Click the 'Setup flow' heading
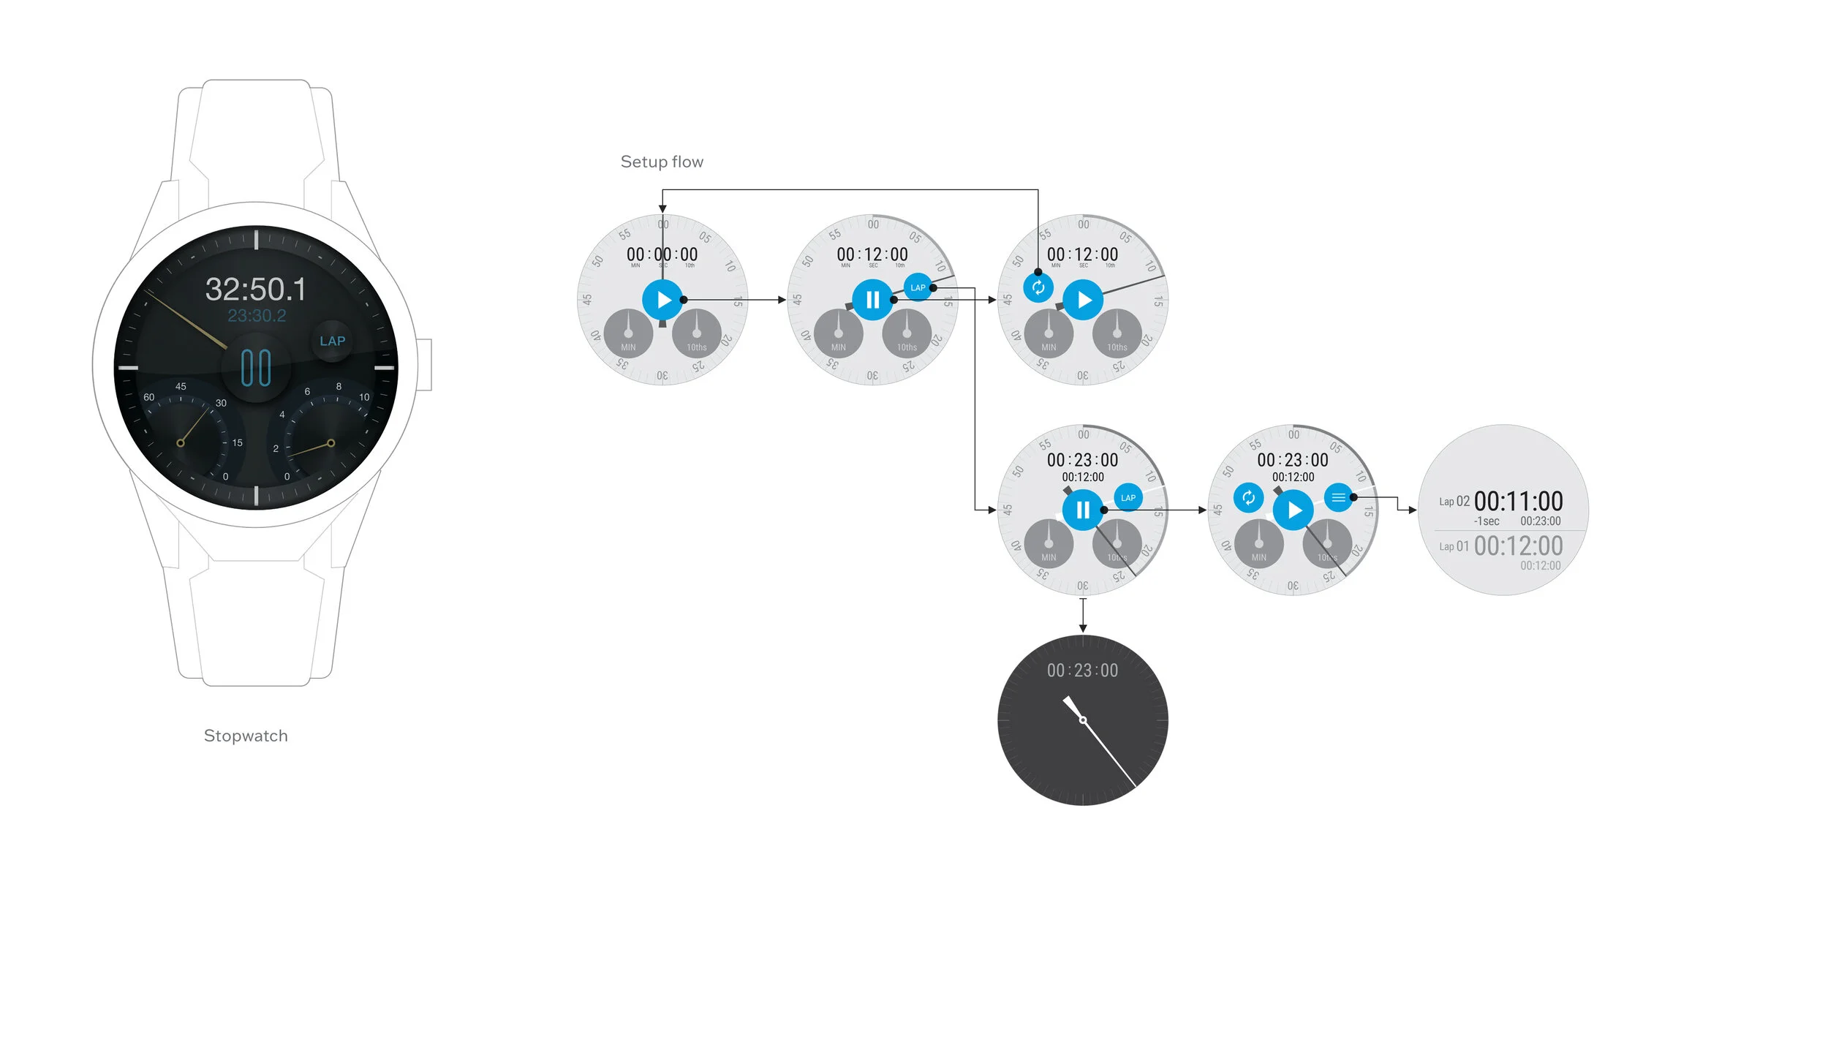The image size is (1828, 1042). pyautogui.click(x=662, y=162)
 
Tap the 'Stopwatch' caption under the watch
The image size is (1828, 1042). pyautogui.click(x=246, y=736)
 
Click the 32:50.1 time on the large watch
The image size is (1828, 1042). pyautogui.click(x=256, y=290)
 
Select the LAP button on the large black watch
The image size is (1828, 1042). pyautogui.click(x=332, y=341)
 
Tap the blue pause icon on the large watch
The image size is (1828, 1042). pyautogui.click(x=256, y=367)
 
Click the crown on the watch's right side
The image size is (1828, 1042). pyautogui.click(x=425, y=364)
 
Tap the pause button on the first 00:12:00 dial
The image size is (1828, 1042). pyautogui.click(x=872, y=300)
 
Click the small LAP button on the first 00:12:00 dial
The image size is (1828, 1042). pyautogui.click(x=918, y=287)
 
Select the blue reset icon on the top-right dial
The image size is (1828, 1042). pyautogui.click(x=1038, y=287)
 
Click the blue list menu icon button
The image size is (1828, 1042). pyautogui.click(x=1338, y=498)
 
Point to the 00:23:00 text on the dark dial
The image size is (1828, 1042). pyautogui.click(x=1082, y=671)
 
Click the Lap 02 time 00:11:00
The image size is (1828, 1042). pyautogui.click(x=1518, y=502)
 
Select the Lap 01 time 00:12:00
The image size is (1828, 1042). pyautogui.click(x=1518, y=546)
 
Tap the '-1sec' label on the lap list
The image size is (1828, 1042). pyautogui.click(x=1487, y=521)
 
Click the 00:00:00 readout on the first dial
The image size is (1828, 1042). pyautogui.click(x=662, y=254)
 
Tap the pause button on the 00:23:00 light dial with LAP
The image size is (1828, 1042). pyautogui.click(x=1083, y=510)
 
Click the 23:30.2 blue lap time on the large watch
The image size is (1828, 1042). pyautogui.click(x=257, y=316)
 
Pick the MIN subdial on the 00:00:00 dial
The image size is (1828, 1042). pyautogui.click(x=628, y=333)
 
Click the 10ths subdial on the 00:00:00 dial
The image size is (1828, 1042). pyautogui.click(x=696, y=333)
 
